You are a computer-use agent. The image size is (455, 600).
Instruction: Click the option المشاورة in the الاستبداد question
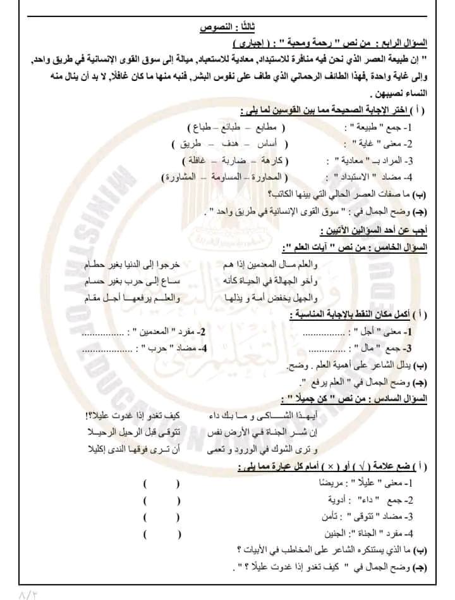tap(181, 177)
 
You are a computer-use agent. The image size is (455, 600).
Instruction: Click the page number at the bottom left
tap(29, 593)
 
